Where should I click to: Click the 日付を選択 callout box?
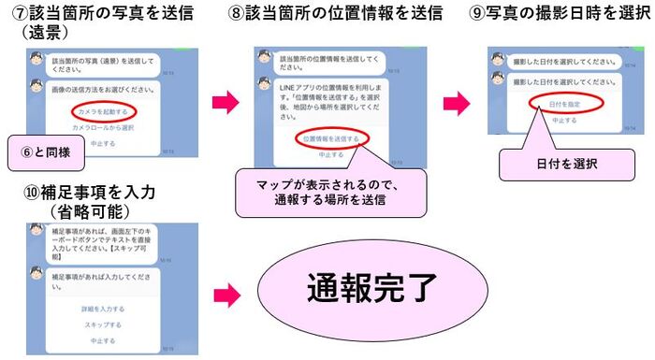coord(553,163)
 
